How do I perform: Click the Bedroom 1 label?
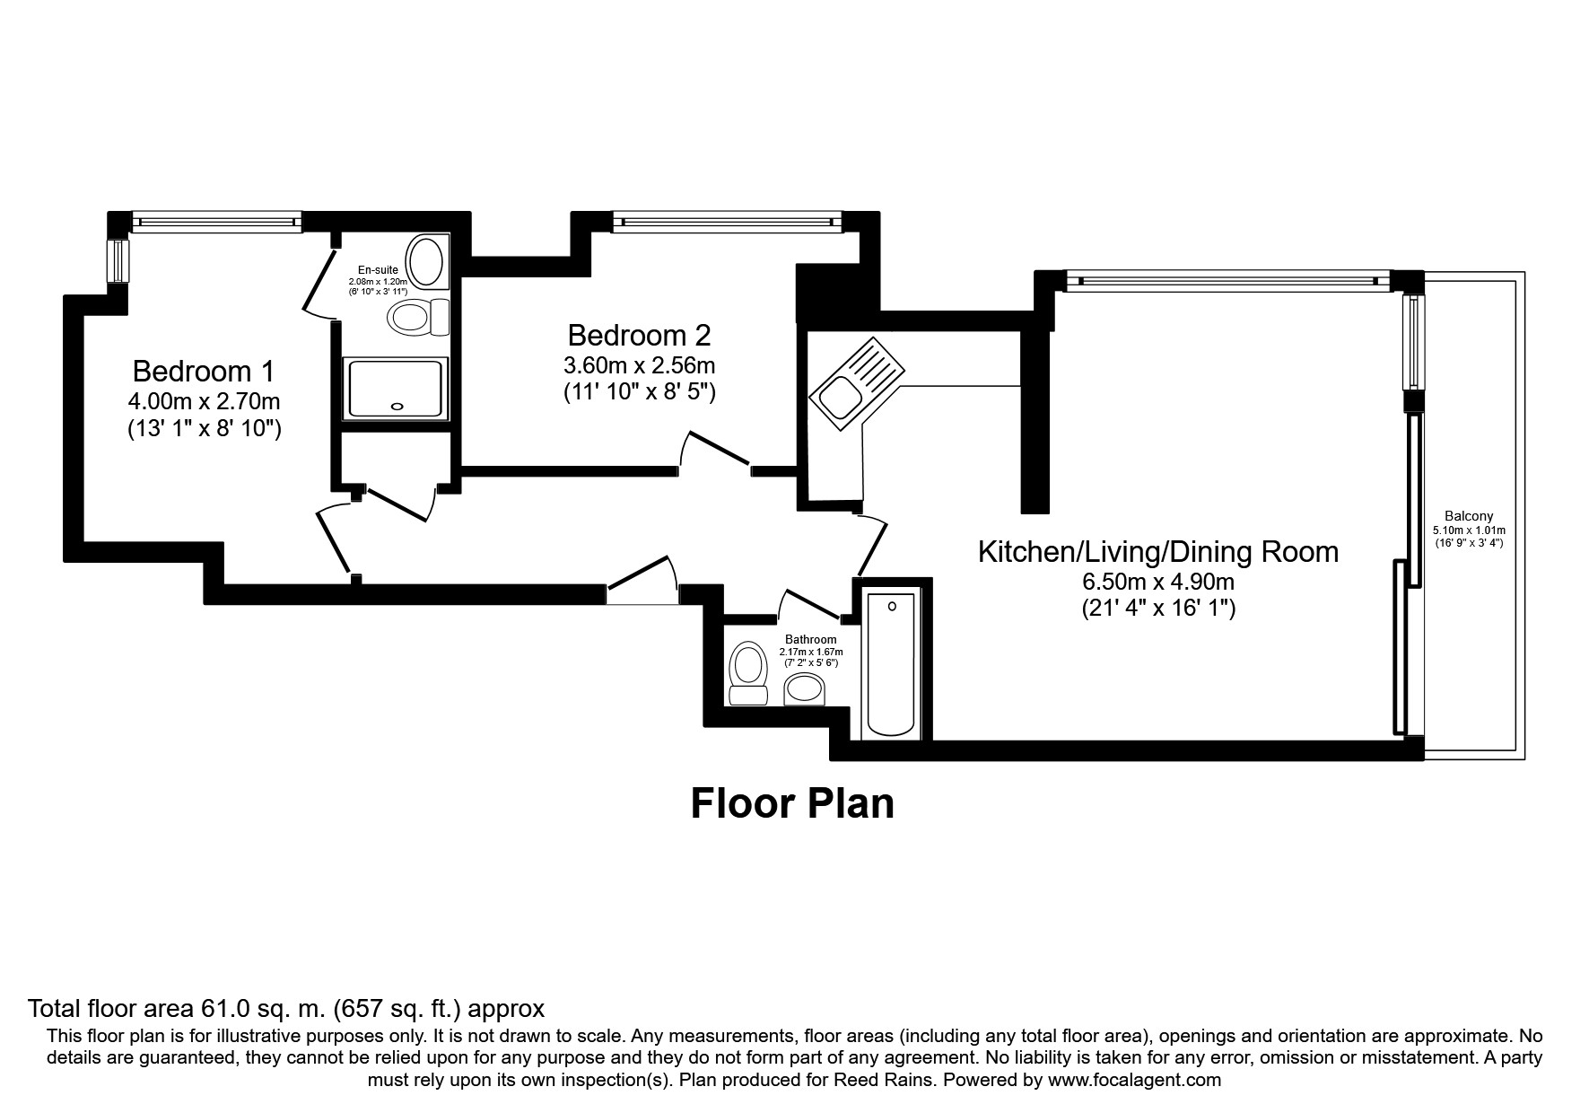tap(203, 371)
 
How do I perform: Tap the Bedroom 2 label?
tap(639, 335)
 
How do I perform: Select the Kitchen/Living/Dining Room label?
tap(1157, 551)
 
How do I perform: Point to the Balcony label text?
tap(1468, 516)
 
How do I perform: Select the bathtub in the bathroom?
tap(891, 663)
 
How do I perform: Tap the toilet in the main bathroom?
tap(747, 674)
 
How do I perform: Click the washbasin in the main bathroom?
tap(805, 690)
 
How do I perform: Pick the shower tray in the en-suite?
tap(395, 389)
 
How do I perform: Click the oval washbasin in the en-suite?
tap(425, 261)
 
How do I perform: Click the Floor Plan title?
tap(792, 803)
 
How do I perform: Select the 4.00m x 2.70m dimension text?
tap(204, 401)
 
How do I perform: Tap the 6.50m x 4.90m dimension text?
tap(1157, 582)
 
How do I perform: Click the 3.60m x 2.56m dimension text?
tap(639, 365)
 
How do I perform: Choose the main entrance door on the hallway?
tap(642, 579)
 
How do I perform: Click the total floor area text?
tap(286, 1008)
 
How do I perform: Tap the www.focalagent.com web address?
tap(1134, 1080)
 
